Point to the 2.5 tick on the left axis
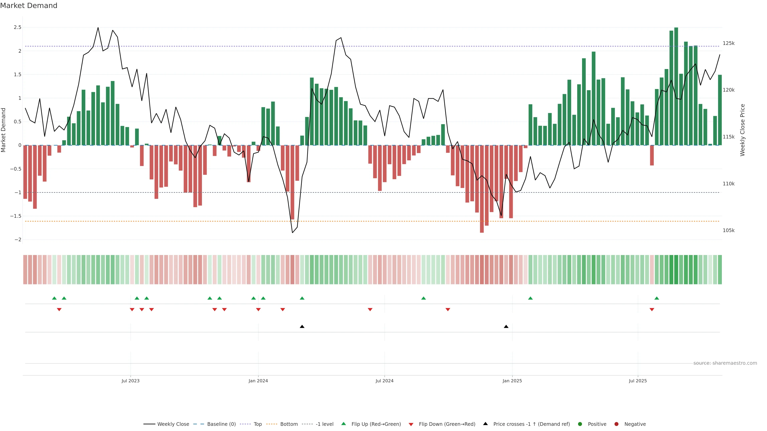click(18, 27)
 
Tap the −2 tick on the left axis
click(18, 240)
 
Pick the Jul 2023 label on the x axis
click(130, 381)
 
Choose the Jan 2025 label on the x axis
click(512, 381)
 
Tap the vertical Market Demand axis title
click(4, 130)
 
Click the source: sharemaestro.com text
click(725, 363)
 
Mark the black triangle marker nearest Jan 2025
click(506, 327)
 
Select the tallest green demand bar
click(676, 86)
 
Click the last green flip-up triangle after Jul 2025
click(657, 298)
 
